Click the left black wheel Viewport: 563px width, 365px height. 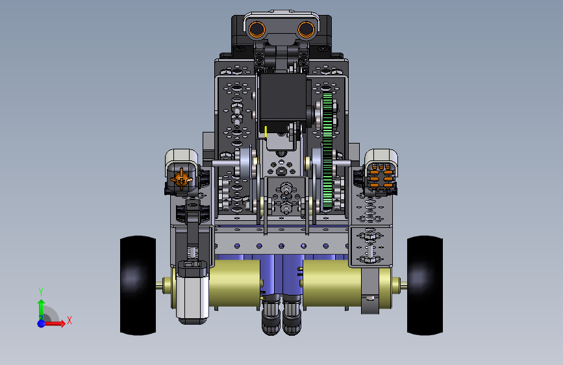[x=138, y=286]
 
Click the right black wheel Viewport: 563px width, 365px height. [x=425, y=286]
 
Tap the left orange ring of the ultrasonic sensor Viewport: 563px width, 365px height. [x=256, y=29]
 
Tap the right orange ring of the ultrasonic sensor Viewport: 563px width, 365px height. [x=306, y=29]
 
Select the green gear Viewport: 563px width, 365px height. [x=327, y=151]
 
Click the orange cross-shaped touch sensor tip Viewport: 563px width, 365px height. [x=181, y=179]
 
